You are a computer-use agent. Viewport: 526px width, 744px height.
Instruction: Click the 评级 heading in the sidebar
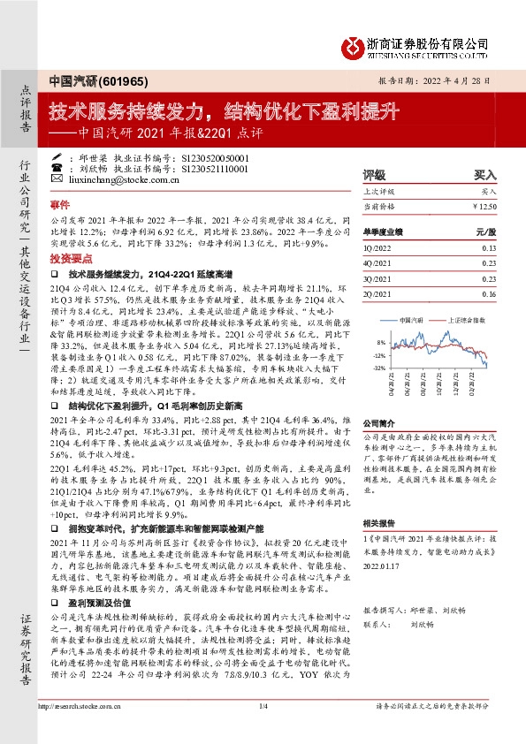point(375,175)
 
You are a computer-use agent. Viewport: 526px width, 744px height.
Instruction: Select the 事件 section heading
point(59,202)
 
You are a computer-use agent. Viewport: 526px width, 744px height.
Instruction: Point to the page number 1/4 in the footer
point(263,730)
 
